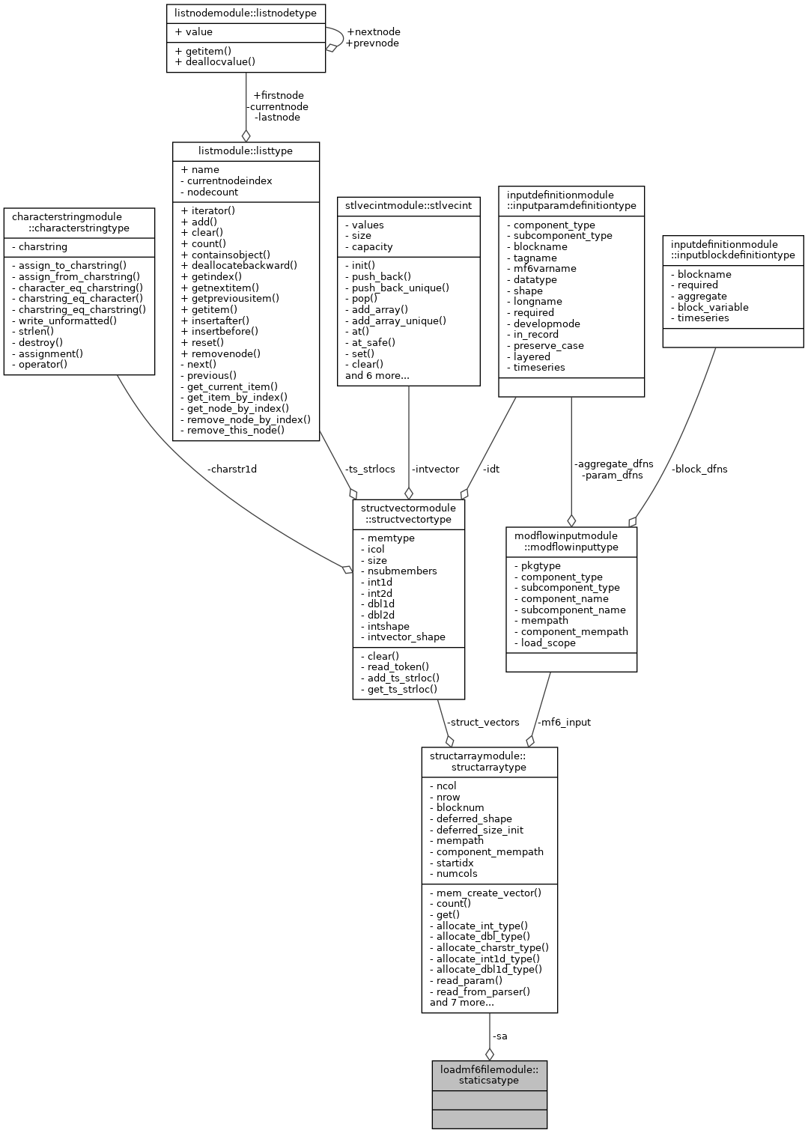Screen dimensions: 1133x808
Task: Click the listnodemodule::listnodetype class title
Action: point(246,13)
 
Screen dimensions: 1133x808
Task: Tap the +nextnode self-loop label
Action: point(373,31)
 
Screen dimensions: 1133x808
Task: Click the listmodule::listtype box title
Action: point(246,151)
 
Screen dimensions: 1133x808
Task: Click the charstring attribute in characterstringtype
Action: point(43,246)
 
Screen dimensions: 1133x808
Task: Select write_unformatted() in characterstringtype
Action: point(67,321)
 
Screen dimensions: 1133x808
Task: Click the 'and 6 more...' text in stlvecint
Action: point(377,375)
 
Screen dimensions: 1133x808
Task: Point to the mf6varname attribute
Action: point(544,268)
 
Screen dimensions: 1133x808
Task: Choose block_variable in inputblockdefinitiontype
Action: point(712,307)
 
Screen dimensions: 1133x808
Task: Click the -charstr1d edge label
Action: point(231,469)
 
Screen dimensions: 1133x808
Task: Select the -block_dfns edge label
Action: point(699,469)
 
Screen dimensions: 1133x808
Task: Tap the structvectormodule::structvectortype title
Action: point(408,513)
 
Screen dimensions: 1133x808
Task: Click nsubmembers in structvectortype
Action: point(402,571)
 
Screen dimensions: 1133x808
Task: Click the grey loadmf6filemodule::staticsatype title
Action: point(489,1075)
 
